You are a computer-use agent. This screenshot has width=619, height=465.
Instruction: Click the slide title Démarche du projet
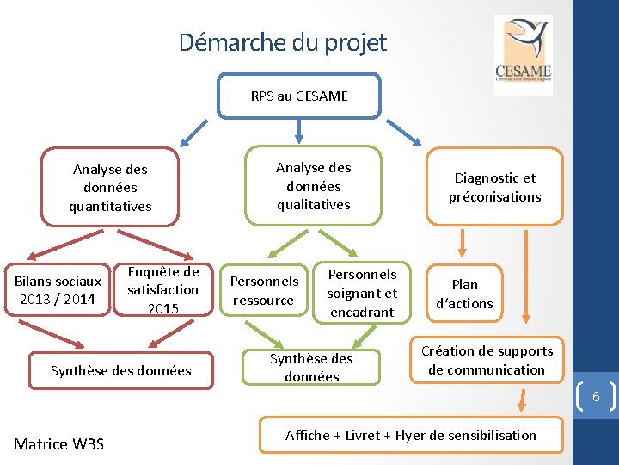283,42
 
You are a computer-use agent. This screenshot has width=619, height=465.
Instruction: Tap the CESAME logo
523,55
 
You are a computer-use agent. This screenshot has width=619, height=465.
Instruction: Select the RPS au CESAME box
298,96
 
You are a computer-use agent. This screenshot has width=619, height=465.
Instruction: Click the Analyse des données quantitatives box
110,188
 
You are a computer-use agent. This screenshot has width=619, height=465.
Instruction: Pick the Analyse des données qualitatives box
313,186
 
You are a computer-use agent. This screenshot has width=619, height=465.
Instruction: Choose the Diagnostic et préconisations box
494,187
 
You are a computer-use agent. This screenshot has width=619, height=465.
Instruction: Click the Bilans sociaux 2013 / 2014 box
58,290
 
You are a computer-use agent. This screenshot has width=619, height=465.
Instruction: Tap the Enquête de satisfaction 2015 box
162,290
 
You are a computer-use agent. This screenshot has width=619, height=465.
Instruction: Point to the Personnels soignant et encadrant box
361,293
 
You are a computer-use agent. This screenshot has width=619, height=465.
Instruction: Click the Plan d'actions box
464,294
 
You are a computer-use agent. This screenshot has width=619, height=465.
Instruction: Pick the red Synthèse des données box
120,370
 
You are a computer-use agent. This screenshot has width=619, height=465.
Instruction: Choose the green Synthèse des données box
311,368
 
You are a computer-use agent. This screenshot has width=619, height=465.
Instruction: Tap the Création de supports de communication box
487,360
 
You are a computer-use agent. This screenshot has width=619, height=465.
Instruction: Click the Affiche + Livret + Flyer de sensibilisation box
410,435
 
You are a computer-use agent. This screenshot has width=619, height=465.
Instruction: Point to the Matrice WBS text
59,444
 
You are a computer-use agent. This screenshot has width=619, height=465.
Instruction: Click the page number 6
595,397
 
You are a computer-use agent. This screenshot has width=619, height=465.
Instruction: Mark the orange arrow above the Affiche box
522,400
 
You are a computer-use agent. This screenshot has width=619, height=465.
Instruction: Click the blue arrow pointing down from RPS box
298,129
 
